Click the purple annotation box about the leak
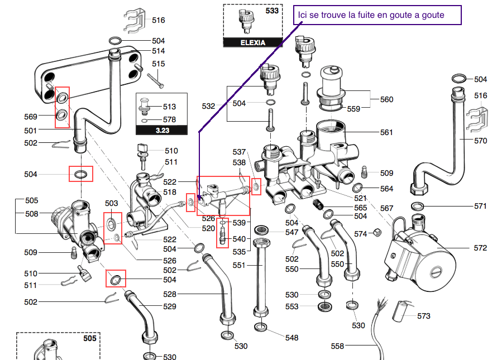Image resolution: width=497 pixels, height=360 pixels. [377, 15]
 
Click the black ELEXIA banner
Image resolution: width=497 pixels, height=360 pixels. [252, 42]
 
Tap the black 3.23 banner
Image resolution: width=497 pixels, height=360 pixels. [161, 130]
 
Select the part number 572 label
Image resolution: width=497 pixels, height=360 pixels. [480, 248]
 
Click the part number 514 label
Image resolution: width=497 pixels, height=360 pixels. [158, 51]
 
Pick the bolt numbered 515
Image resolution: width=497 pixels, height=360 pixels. [155, 81]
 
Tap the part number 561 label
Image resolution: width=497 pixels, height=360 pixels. [386, 132]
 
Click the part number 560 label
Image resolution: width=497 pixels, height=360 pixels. [386, 99]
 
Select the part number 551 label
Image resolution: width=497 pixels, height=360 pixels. [238, 265]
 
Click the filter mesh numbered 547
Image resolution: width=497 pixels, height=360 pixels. [261, 229]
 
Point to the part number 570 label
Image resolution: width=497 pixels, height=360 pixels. [480, 141]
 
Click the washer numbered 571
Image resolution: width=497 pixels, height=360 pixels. [418, 207]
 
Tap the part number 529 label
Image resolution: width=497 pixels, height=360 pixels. [170, 306]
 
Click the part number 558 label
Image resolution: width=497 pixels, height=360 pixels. [337, 346]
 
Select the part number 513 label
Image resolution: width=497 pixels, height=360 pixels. [169, 107]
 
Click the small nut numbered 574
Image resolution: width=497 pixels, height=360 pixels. [377, 232]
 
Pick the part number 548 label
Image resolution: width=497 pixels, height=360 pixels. [291, 338]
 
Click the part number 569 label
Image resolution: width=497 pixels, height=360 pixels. [30, 117]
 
